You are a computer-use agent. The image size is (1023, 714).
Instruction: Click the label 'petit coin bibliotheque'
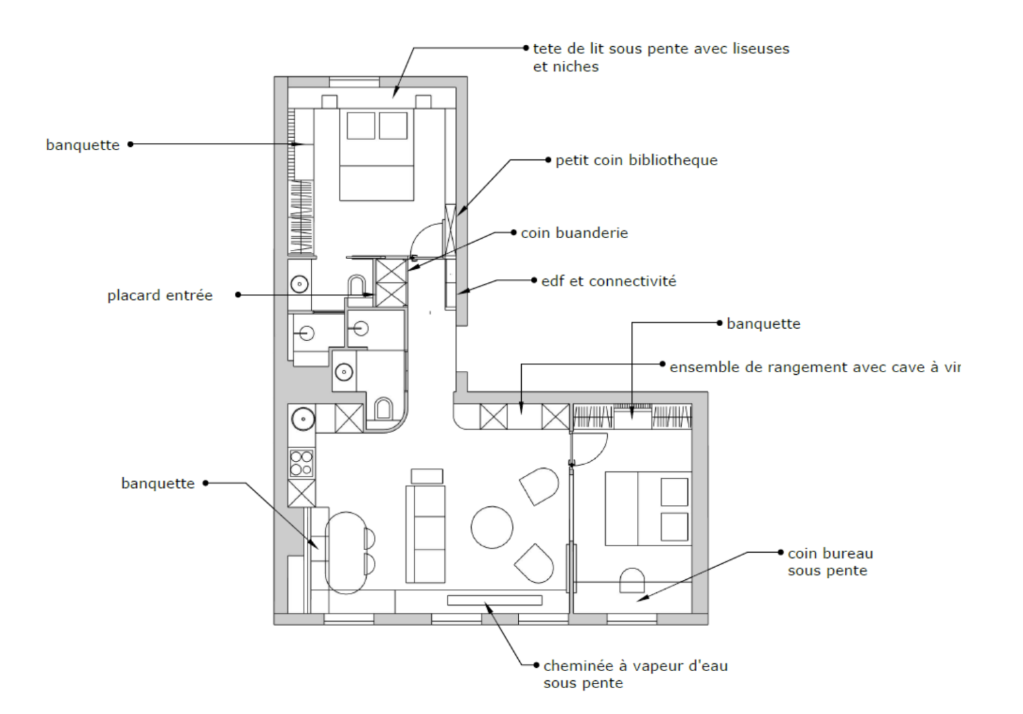tap(636, 161)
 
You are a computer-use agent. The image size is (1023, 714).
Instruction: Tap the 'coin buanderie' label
tap(575, 233)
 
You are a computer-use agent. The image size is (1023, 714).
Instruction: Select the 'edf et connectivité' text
tap(608, 281)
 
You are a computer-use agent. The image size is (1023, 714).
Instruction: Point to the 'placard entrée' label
tap(160, 296)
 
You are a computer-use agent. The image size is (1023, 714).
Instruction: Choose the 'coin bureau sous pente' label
tap(831, 562)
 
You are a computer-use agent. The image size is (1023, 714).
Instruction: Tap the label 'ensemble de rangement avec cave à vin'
tap(815, 368)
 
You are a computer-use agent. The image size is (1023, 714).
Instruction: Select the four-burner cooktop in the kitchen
tap(302, 463)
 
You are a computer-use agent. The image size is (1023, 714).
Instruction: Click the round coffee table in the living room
tap(491, 528)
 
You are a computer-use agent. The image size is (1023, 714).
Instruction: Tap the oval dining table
tap(346, 553)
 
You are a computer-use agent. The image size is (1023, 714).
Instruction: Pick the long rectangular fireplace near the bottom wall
tap(495, 600)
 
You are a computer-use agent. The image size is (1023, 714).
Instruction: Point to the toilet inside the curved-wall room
tap(384, 409)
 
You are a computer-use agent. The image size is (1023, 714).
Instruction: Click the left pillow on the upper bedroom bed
tap(360, 126)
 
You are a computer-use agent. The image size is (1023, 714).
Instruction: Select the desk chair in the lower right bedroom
tap(632, 580)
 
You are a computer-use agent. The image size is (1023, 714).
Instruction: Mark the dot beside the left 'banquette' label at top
tap(131, 144)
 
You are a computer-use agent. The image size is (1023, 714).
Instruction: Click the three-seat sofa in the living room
tap(425, 534)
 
